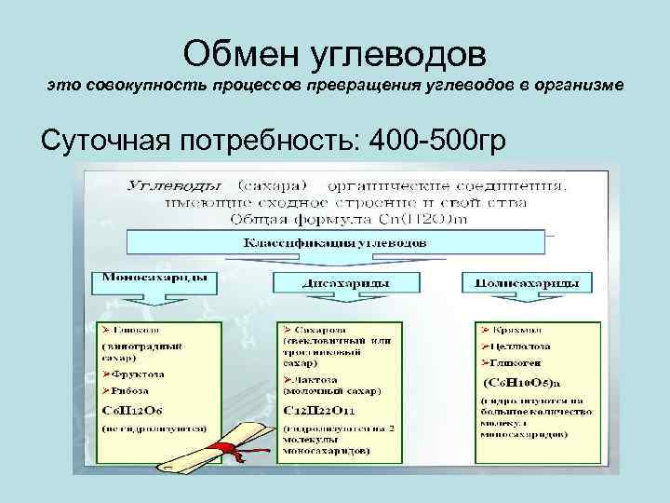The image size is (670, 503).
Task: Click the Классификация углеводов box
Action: (x=335, y=242)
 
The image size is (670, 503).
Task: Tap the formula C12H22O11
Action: (x=322, y=411)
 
